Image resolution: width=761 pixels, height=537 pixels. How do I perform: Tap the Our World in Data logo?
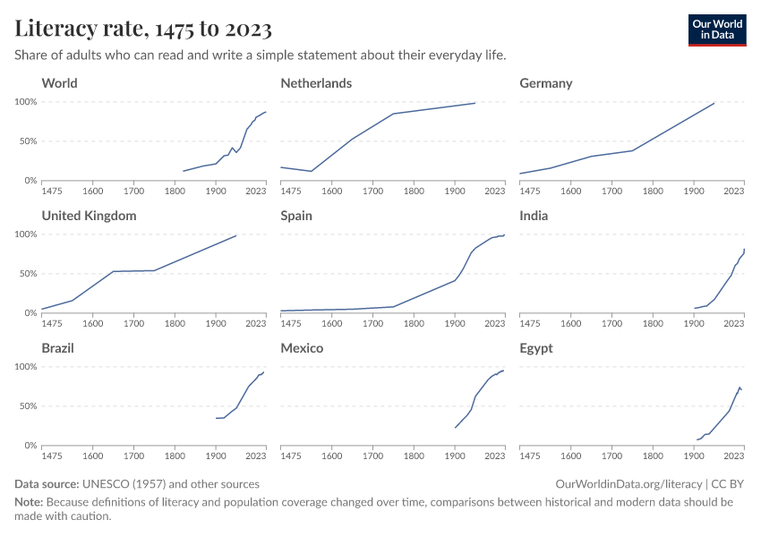(716, 30)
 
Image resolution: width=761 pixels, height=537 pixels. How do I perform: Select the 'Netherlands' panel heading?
(316, 83)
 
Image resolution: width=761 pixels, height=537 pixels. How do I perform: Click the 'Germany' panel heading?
(545, 83)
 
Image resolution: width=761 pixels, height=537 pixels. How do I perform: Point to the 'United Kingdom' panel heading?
(89, 216)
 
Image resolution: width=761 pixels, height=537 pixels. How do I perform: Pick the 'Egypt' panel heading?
(537, 348)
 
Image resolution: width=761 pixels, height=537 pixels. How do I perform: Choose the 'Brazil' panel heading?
(58, 348)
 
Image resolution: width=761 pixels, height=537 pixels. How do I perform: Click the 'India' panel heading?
(534, 216)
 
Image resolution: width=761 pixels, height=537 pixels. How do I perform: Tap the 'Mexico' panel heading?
(302, 348)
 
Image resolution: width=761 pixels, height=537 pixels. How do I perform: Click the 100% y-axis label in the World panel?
(24, 102)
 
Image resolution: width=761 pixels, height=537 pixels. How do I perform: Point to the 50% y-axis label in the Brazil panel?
(27, 406)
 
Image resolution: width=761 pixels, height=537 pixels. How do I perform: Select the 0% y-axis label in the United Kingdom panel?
(30, 313)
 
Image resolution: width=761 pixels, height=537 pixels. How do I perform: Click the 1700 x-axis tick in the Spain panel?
(372, 323)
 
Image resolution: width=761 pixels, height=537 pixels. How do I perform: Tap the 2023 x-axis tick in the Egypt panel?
(734, 456)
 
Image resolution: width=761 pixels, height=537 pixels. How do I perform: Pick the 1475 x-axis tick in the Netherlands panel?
(292, 191)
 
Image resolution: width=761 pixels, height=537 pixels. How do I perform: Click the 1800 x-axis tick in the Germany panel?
(653, 191)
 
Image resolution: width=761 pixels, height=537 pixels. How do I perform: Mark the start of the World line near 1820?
(184, 171)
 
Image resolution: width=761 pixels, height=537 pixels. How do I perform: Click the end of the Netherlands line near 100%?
(475, 103)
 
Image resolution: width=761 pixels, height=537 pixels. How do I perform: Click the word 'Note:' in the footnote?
(30, 502)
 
